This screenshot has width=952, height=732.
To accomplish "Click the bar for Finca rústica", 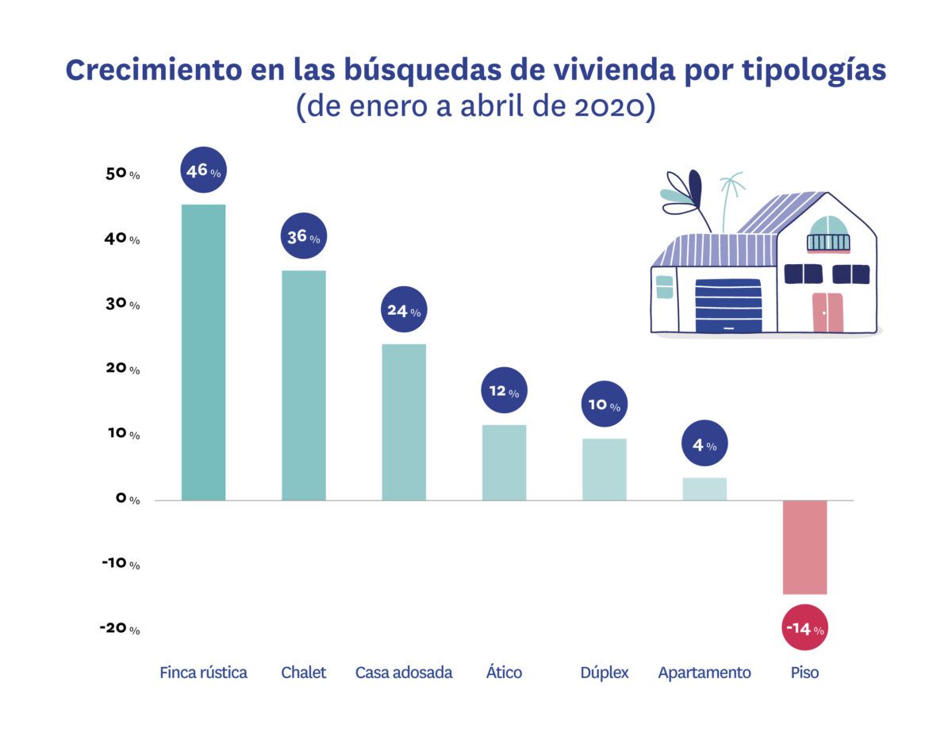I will point(203,352).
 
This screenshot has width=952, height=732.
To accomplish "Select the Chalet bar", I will point(303,385).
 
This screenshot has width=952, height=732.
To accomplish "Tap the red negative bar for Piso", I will point(804,546).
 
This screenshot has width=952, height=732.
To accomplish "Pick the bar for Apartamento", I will point(704,489).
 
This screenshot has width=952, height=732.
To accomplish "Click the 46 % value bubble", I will point(203,171).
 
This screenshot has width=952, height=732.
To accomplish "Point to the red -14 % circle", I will point(804,629).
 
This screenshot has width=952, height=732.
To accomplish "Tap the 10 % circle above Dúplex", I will point(604,405).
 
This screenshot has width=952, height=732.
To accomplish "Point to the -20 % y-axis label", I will point(120,628).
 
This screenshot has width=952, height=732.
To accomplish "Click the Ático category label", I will point(504,673).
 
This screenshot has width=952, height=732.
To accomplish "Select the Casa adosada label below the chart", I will point(404,673).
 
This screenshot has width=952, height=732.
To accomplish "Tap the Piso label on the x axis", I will point(804,673).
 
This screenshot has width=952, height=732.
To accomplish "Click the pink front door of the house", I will point(827,312).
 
